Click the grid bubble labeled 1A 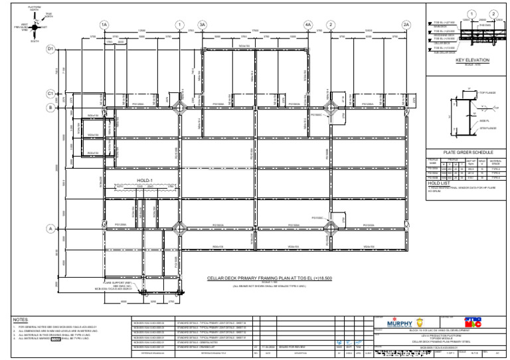104,25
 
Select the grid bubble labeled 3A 203,25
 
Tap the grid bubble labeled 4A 307,25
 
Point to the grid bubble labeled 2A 406,25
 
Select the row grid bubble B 50,106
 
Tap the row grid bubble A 50,229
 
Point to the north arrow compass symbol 35,27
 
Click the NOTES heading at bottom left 20,319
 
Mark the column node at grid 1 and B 180,106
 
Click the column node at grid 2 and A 330,229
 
